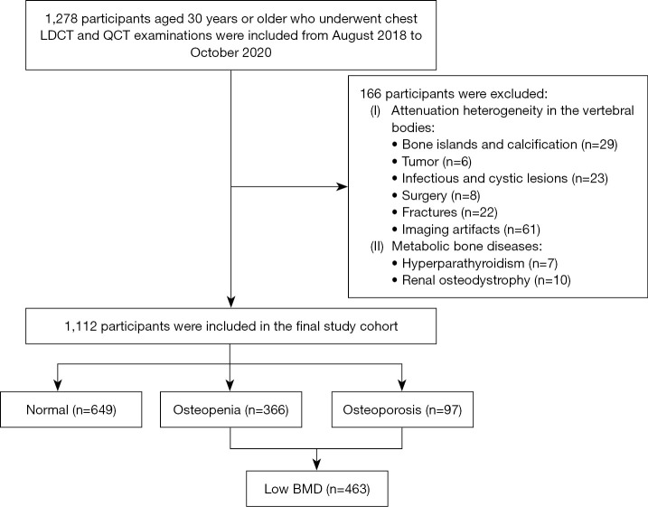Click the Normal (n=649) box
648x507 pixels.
tap(71, 409)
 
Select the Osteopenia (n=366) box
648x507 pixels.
tap(230, 409)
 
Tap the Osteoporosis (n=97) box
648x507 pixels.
tap(402, 409)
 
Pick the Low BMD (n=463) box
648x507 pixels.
tap(317, 489)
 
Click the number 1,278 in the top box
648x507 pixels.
tap(61, 19)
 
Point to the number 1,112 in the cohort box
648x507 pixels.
tap(80, 326)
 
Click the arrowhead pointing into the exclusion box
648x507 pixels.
tap(342, 187)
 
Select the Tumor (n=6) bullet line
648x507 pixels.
tap(432, 162)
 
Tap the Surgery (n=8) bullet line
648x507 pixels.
tap(436, 195)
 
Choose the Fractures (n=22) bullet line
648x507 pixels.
tap(445, 212)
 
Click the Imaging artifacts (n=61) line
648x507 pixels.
tap(466, 230)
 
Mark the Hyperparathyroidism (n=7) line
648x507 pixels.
tap(474, 263)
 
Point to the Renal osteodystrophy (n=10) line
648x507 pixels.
tap(482, 280)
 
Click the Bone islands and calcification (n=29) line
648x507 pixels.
tap(505, 145)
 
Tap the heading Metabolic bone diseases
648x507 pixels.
tap(466, 246)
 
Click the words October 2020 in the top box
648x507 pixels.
tap(230, 53)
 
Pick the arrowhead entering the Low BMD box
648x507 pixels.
tap(317, 465)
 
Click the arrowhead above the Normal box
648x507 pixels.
tap(58, 386)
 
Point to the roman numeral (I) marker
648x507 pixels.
tap(375, 111)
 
